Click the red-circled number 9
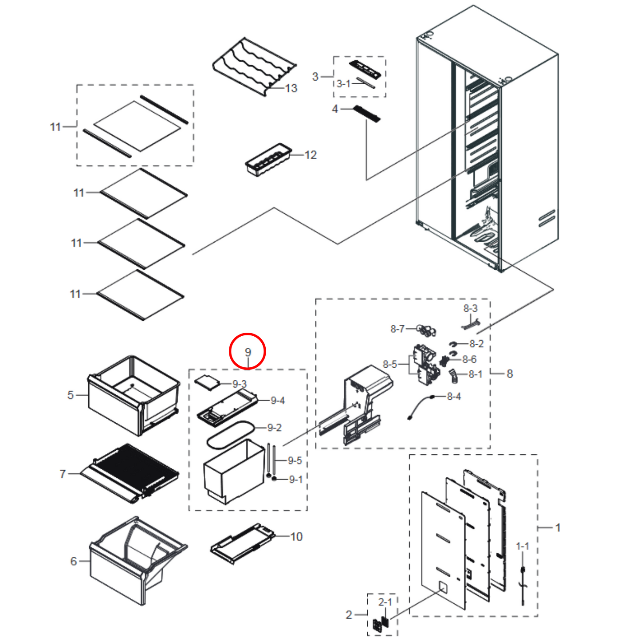tap(248, 352)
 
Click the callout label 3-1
tap(343, 83)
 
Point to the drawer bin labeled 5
tap(133, 395)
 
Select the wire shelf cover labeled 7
tap(131, 472)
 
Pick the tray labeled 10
tap(242, 543)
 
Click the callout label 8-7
tap(397, 329)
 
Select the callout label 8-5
tap(390, 364)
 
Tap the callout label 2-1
tap(385, 602)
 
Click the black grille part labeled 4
tap(366, 114)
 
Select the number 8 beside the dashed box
tap(510, 374)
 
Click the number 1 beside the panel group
tap(558, 527)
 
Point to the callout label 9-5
tap(295, 460)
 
